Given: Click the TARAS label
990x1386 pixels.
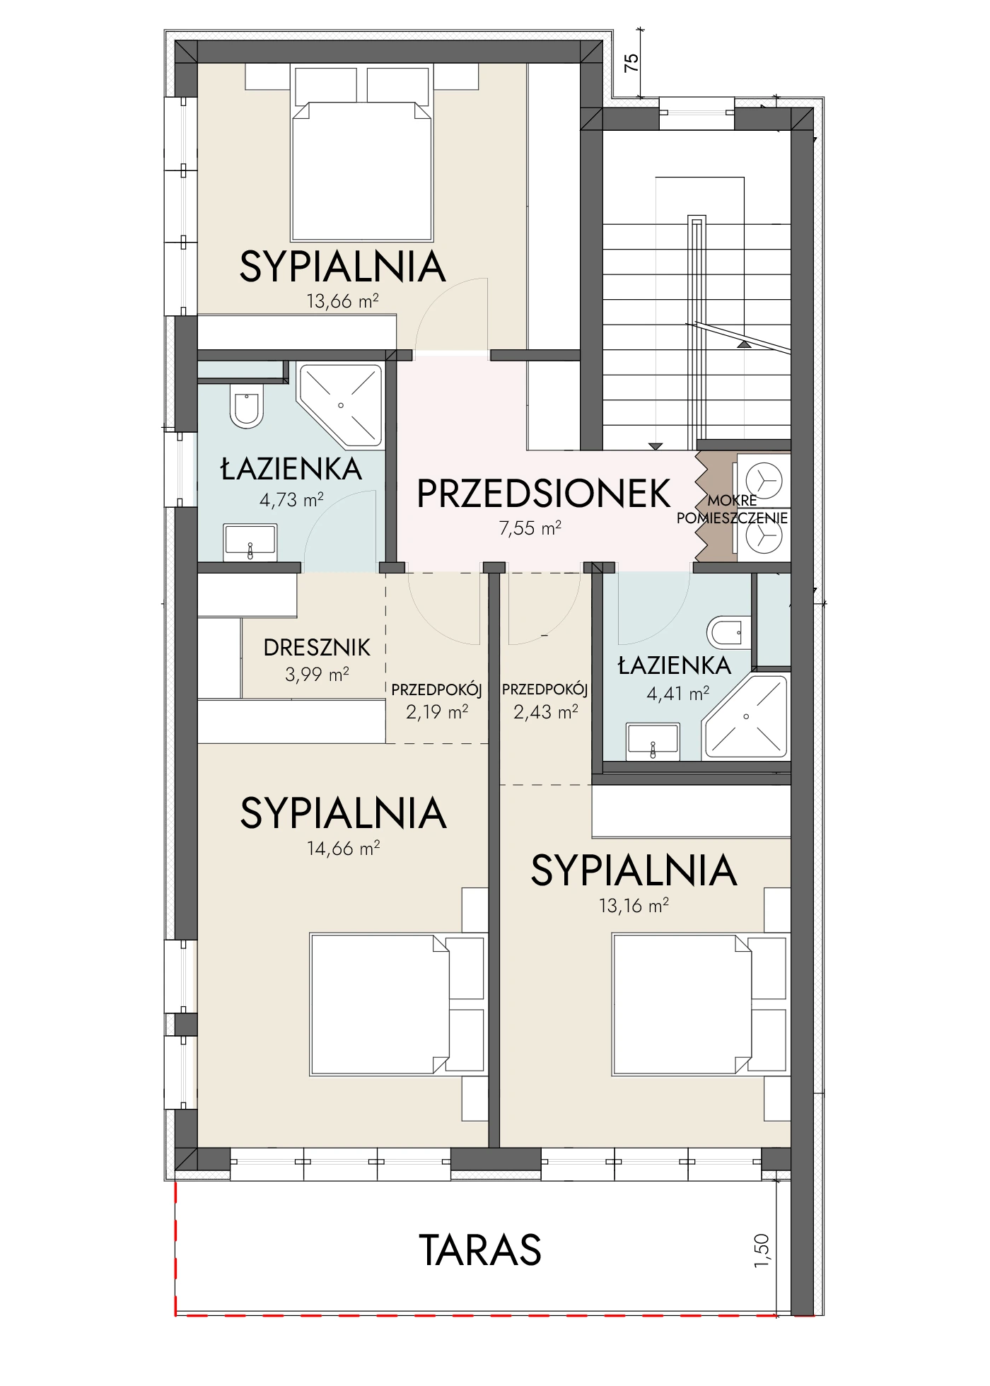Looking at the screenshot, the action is point(481,1250).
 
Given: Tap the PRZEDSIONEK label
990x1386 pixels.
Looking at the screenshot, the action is point(544,494).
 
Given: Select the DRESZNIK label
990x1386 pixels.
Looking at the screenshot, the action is point(317,647).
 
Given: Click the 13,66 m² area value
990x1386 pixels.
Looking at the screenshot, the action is point(342,301).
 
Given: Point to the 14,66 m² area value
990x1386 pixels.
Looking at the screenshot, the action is point(343,848).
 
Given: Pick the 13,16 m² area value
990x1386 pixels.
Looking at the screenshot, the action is point(634,905).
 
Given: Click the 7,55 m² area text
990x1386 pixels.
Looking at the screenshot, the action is point(530,528).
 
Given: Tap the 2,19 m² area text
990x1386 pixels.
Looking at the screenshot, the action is point(436,711).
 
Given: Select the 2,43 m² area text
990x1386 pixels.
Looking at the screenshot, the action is point(545,711).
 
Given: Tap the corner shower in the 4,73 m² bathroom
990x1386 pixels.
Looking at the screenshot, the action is point(340,406).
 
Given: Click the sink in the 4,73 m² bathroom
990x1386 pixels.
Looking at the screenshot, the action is point(250,542).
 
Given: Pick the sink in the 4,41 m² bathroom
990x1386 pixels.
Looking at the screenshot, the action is point(653,741).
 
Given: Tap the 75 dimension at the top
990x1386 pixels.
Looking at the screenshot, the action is point(632,64).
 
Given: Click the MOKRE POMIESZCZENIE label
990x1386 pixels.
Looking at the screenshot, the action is point(732,509).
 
